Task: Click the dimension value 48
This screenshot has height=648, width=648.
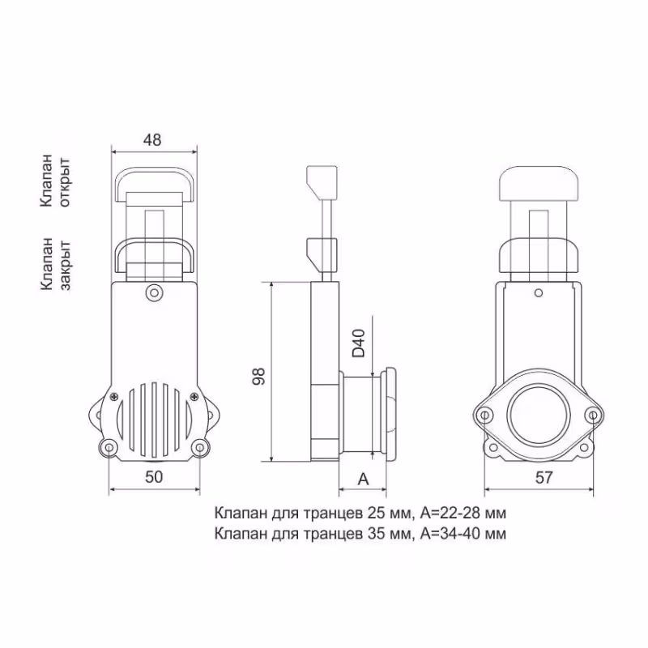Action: [x=151, y=139]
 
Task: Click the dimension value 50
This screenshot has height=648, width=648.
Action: [x=154, y=477]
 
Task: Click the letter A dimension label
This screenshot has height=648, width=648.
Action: [x=363, y=478]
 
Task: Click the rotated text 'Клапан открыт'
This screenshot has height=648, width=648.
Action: [x=57, y=180]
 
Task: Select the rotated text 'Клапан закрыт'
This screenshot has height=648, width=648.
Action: [x=57, y=263]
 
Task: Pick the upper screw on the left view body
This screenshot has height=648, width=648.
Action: [x=153, y=292]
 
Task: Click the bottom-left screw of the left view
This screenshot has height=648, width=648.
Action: [x=108, y=447]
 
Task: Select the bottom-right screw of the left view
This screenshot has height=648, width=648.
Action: [x=198, y=447]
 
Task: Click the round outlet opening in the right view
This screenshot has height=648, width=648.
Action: [x=535, y=414]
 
